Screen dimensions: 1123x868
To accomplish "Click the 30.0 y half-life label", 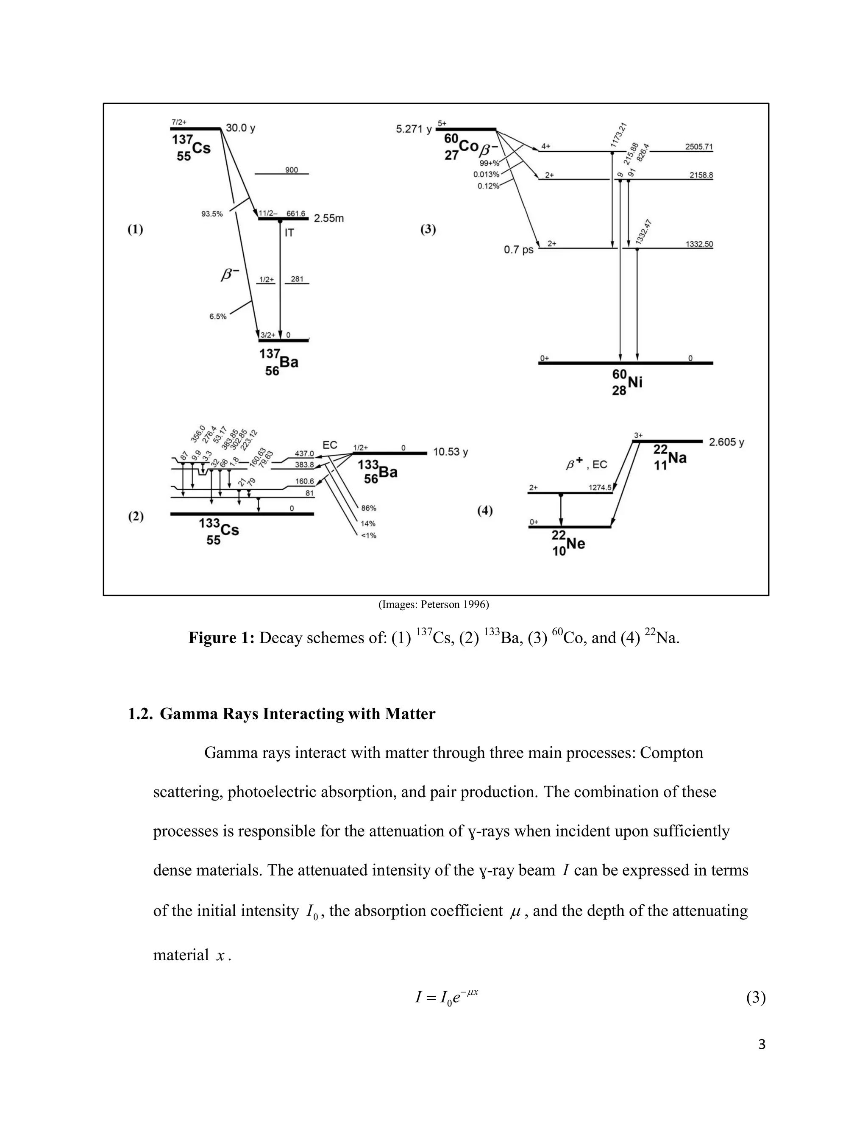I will pyautogui.click(x=240, y=128).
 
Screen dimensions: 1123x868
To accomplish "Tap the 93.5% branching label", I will pyautogui.click(x=212, y=214).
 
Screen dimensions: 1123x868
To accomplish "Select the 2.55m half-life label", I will pyautogui.click(x=328, y=219).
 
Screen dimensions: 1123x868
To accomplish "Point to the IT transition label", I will pyautogui.click(x=289, y=233).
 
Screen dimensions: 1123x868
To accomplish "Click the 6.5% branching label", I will pyautogui.click(x=217, y=317).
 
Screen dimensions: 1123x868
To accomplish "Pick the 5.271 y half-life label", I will pyautogui.click(x=413, y=129).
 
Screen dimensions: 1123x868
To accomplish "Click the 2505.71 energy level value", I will pyautogui.click(x=699, y=147).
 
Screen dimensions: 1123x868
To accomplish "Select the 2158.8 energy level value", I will pyautogui.click(x=701, y=175).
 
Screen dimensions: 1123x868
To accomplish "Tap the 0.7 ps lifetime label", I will pyautogui.click(x=518, y=251).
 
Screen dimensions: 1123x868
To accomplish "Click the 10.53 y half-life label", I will pyautogui.click(x=451, y=453).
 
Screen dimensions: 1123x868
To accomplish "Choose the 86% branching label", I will pyautogui.click(x=369, y=508).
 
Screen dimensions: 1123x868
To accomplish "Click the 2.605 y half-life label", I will pyautogui.click(x=726, y=442).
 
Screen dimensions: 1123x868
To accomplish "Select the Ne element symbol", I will pyautogui.click(x=576, y=544).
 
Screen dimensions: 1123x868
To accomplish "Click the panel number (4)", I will pyautogui.click(x=485, y=511).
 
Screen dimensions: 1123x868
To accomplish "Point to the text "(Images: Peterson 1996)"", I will pyautogui.click(x=434, y=605).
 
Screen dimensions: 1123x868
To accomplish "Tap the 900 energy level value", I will pyautogui.click(x=291, y=170).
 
